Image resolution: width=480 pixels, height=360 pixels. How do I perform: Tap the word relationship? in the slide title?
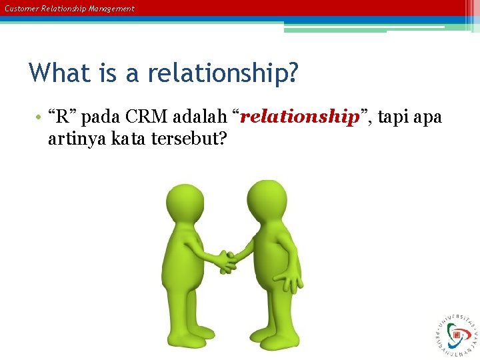pos(223,73)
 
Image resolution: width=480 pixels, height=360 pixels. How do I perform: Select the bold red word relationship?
pos(299,117)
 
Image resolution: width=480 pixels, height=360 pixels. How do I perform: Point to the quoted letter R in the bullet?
pos(61,118)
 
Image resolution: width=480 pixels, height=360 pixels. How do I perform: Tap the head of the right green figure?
pos(266,199)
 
